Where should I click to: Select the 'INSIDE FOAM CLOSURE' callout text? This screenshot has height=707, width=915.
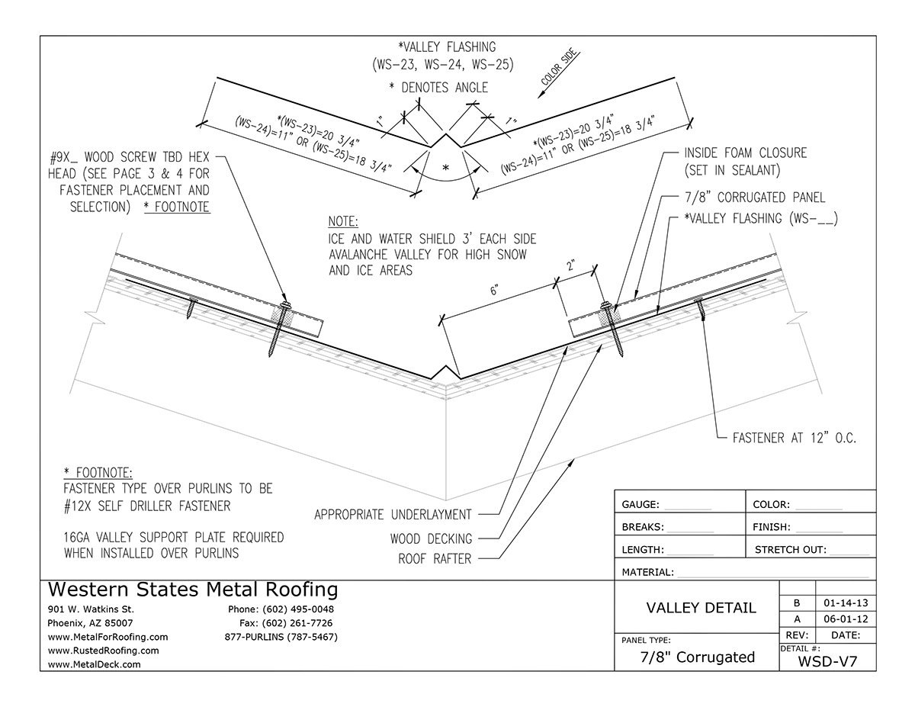point(745,153)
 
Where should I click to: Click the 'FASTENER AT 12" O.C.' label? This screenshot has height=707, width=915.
point(794,439)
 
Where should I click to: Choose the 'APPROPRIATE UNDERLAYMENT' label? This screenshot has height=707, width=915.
point(393,515)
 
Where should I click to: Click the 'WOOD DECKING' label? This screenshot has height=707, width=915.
point(430,538)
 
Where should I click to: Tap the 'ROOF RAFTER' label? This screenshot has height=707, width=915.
point(435,559)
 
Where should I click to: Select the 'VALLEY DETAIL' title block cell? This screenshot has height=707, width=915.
point(701,608)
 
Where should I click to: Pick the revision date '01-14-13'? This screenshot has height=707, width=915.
point(844,603)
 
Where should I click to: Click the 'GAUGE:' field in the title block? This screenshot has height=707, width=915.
point(645,504)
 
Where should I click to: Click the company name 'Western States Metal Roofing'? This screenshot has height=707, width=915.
point(193,590)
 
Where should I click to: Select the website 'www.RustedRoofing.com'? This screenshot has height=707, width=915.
point(103,651)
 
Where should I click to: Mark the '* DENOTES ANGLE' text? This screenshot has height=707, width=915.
point(438,88)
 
